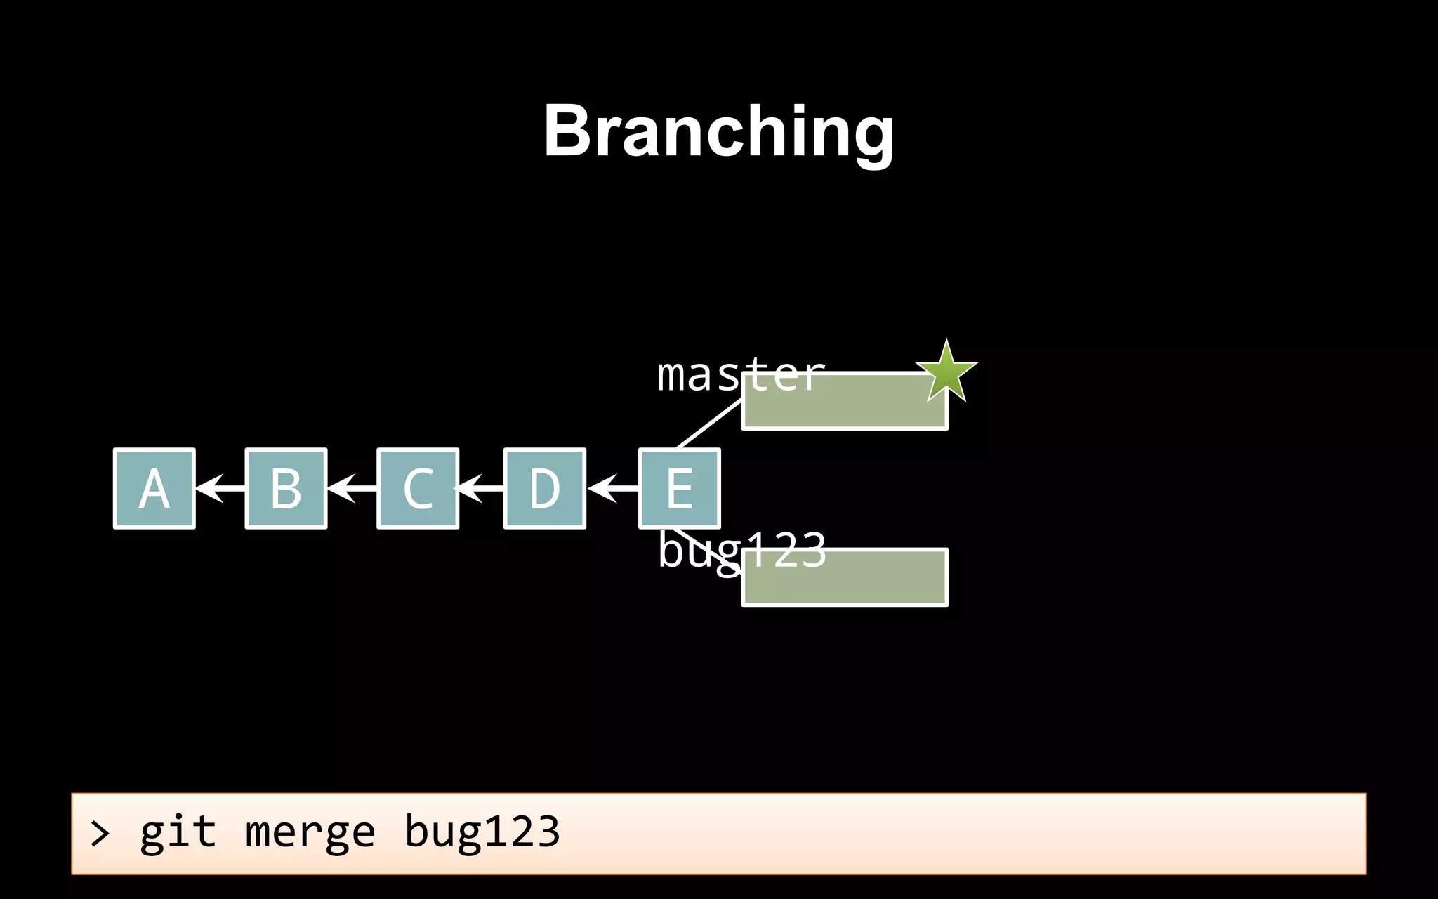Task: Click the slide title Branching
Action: coord(718,131)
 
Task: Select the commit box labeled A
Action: coord(154,488)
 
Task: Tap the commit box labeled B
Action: coord(286,488)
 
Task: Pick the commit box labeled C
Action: coord(418,488)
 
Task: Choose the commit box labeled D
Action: coord(545,488)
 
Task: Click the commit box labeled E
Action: coord(679,488)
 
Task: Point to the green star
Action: coord(946,372)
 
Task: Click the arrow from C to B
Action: coord(352,487)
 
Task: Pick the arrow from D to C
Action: coord(481,487)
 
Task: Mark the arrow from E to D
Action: coord(612,487)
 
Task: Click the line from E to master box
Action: coord(709,424)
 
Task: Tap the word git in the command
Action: coord(178,833)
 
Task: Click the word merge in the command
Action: coord(310,833)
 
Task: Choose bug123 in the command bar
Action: coord(482,833)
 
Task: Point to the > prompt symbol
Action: coord(100,834)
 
